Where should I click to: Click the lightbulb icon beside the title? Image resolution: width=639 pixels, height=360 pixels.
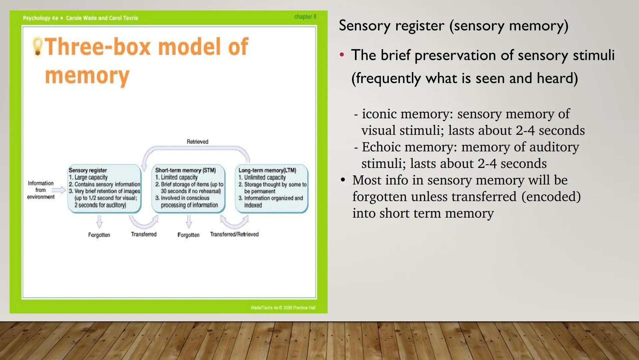[x=37, y=46]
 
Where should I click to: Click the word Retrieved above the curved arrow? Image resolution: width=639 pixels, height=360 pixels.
[x=197, y=142]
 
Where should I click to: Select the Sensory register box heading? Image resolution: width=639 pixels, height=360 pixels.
[x=88, y=170]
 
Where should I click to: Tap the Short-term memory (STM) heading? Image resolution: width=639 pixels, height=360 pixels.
[x=185, y=170]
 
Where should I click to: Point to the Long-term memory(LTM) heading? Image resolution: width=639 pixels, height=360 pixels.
[x=267, y=170]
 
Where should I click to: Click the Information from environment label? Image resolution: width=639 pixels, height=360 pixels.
[x=41, y=190]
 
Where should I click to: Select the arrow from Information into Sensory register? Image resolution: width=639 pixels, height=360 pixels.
[x=59, y=190]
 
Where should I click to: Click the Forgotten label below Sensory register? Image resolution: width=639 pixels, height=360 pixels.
[x=99, y=235]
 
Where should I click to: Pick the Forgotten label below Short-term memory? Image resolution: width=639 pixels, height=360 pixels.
[x=188, y=235]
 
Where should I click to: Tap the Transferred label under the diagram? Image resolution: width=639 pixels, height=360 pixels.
[x=144, y=234]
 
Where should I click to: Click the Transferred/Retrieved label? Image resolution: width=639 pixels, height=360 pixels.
[x=234, y=234]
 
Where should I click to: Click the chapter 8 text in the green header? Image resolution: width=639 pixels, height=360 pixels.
[x=305, y=17]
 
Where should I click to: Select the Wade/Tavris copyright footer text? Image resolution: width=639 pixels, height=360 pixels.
[x=283, y=308]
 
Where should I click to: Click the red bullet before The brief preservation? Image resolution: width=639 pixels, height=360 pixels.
[x=342, y=55]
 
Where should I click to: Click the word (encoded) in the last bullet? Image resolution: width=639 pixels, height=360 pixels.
[x=551, y=197]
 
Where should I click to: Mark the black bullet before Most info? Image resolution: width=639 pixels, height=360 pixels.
[x=343, y=180]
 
